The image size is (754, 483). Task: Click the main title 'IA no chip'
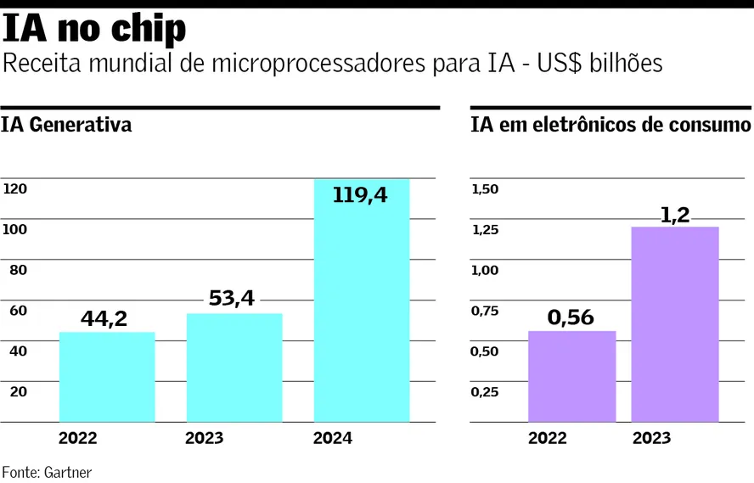coord(94,29)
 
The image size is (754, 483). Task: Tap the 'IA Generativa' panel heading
coord(67,126)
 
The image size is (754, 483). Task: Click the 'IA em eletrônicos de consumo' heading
coord(611,126)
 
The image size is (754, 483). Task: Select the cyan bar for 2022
coord(107,377)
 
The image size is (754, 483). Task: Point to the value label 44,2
coord(104,318)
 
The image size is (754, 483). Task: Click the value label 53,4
coord(231,299)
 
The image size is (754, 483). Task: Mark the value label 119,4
coord(360,195)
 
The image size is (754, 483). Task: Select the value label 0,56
coord(571,317)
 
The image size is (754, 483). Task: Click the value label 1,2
coord(675,215)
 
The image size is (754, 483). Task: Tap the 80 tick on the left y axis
coord(18,270)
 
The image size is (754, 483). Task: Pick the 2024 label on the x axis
coord(332,439)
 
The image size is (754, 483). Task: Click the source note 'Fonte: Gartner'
coord(47,471)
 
